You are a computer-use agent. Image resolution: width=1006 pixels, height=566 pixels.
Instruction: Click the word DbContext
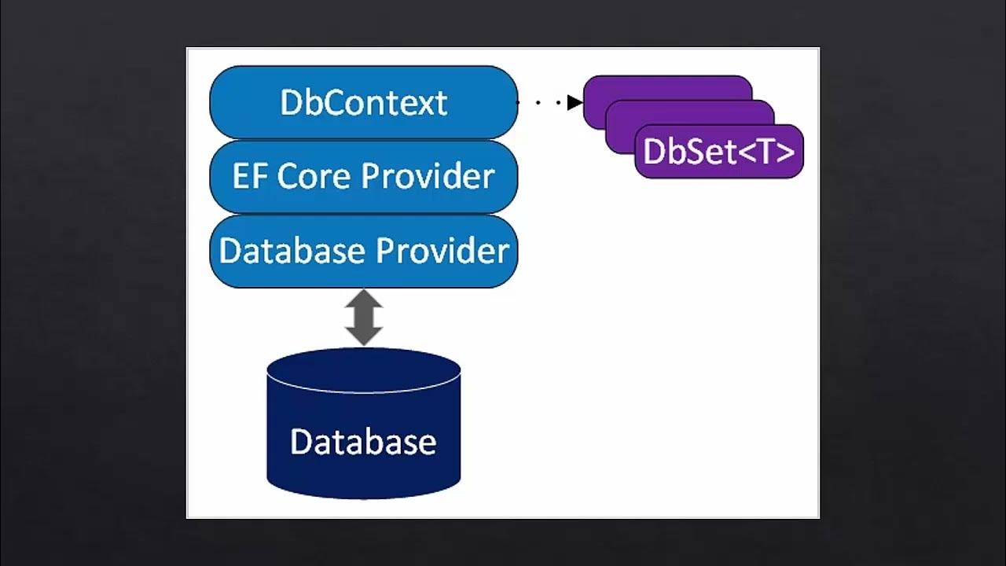363,103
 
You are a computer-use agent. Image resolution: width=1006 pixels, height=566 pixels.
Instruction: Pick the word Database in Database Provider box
292,251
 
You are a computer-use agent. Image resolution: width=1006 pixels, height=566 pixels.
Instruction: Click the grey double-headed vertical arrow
364,318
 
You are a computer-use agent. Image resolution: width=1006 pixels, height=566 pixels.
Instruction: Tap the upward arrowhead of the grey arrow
364,300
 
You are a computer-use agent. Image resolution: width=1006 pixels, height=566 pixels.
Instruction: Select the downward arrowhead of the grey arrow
364,336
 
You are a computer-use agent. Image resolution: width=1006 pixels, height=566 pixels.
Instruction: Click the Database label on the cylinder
363,442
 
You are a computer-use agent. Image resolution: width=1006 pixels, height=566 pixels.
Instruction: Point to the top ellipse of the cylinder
363,369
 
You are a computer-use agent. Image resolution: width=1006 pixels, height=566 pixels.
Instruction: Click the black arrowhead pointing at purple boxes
575,102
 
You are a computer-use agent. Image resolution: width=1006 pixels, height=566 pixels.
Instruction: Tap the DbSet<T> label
718,152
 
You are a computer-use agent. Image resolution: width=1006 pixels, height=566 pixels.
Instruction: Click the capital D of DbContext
291,103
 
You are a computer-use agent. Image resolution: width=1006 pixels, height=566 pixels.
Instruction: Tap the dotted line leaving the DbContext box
542,102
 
